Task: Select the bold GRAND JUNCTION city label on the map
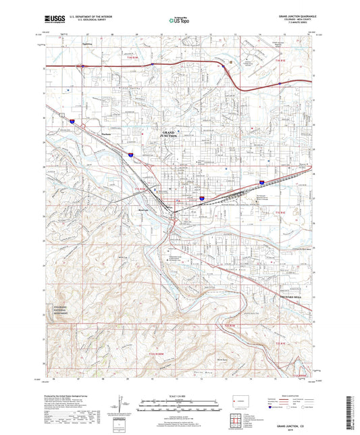tap(168, 134)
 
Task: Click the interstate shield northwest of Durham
tap(70, 120)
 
